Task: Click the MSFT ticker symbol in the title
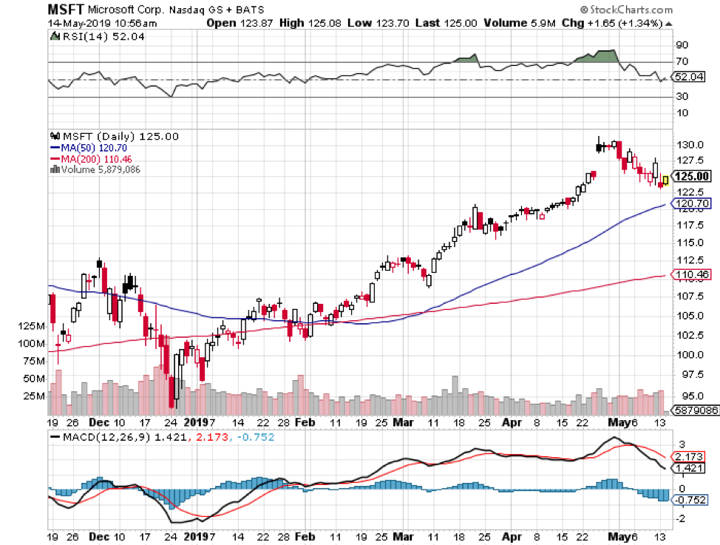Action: [66, 10]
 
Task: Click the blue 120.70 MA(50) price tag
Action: [693, 203]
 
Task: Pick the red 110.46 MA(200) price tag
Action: [693, 274]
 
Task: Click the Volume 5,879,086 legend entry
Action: [97, 169]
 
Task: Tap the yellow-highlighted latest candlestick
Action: [665, 180]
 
